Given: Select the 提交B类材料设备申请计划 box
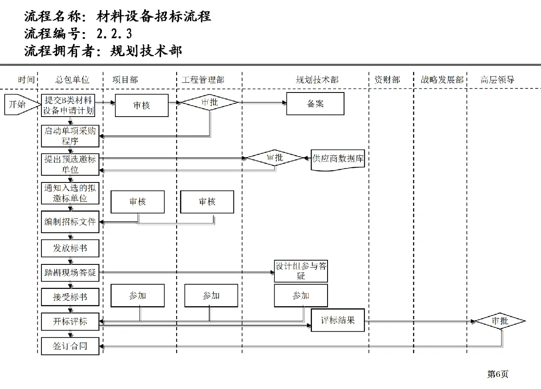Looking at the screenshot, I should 70,105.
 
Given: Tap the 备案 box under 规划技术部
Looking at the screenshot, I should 315,104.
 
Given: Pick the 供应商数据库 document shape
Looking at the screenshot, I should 338,159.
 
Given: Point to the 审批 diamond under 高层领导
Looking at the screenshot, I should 500,321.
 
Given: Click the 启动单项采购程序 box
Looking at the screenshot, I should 70,136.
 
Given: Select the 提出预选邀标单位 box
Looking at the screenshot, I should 70,164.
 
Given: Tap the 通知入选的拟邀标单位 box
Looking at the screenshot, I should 70,193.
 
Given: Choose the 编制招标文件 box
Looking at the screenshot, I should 70,222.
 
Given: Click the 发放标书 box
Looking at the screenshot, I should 70,248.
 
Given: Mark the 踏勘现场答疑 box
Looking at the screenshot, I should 70,273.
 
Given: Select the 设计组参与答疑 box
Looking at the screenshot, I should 301,271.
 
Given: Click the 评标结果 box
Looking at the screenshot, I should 338,320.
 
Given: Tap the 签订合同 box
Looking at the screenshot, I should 70,346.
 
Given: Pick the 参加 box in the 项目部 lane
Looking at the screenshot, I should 137,296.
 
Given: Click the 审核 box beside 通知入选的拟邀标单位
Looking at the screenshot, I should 137,202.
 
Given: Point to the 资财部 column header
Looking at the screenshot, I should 387,80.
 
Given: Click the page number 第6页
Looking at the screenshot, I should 497,374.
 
